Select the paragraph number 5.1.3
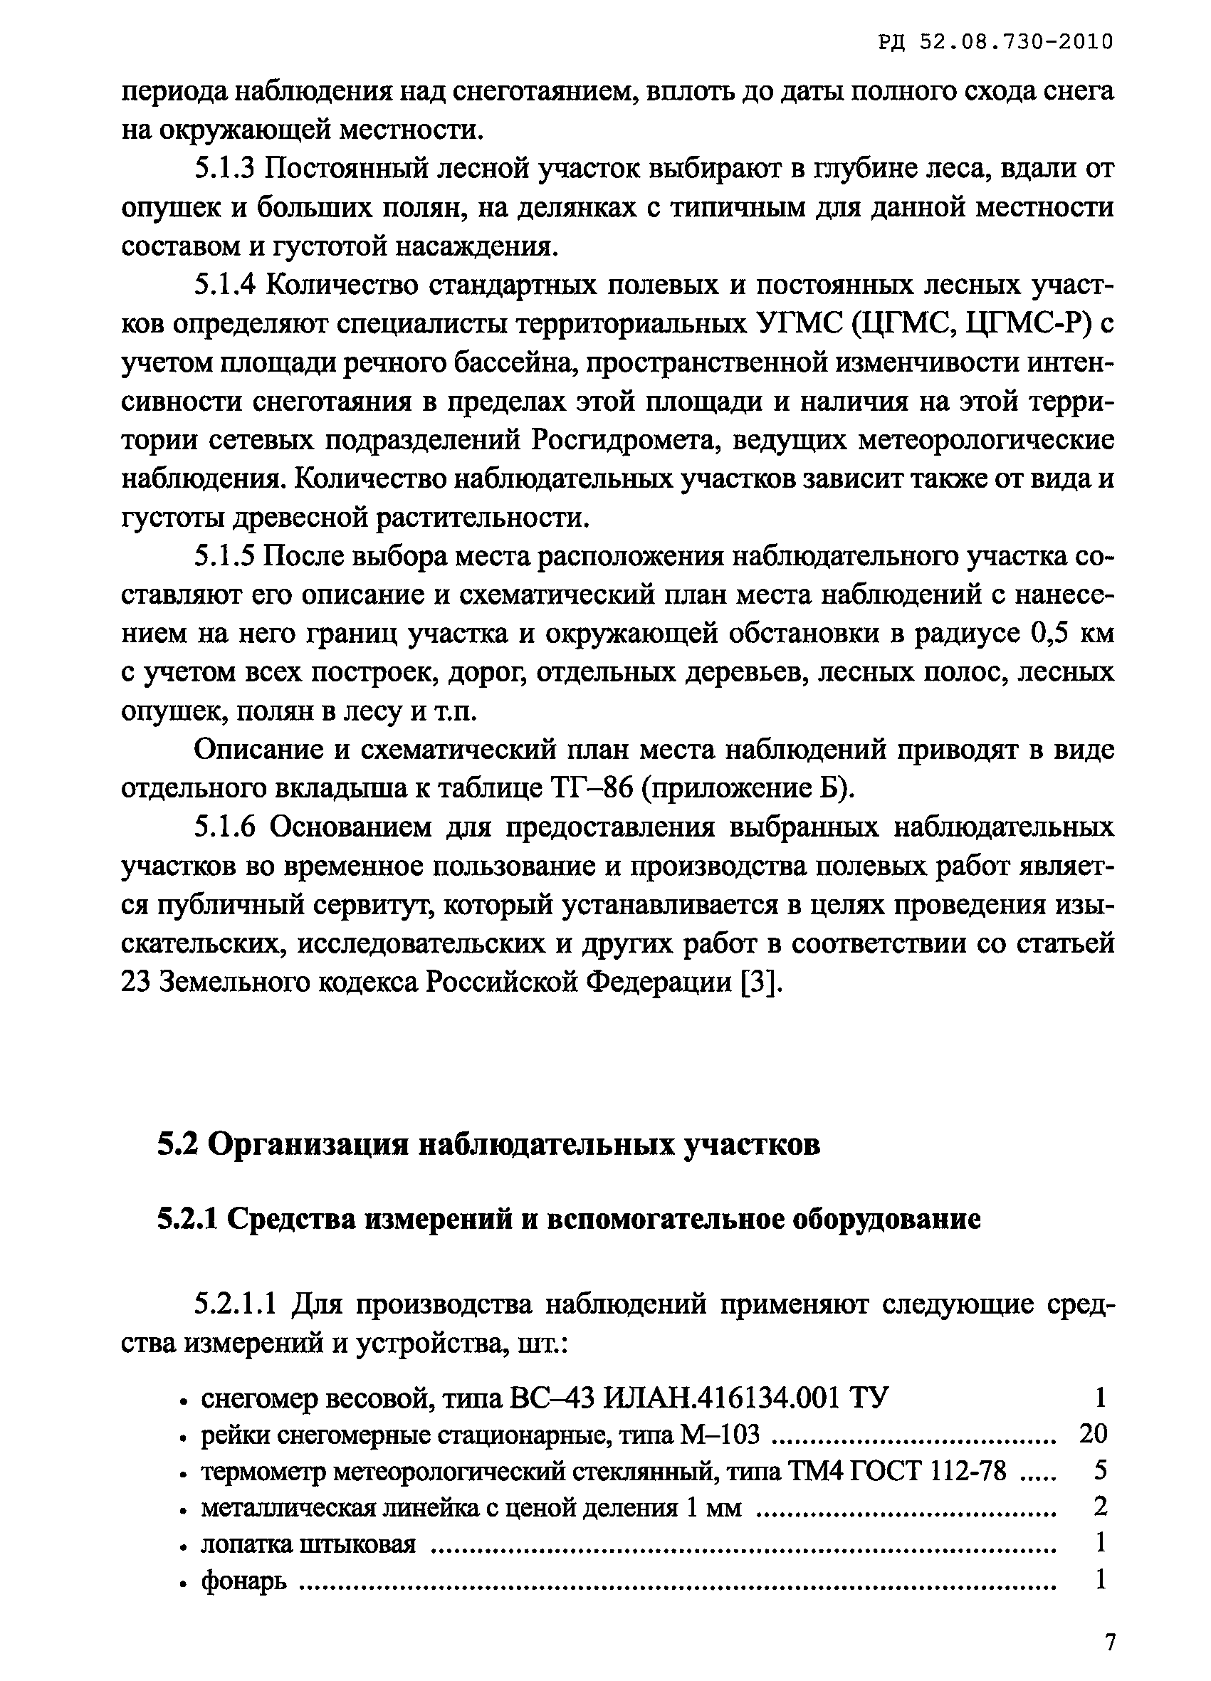pos(224,169)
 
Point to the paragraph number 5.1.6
pos(224,827)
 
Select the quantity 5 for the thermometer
pos(1101,1469)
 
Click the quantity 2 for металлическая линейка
pos(1101,1505)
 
